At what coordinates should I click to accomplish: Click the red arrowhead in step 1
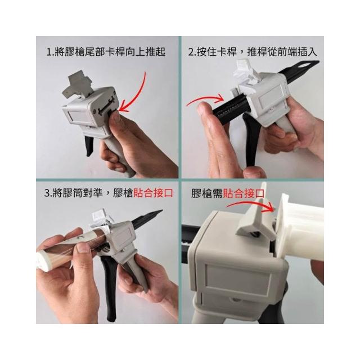(124, 107)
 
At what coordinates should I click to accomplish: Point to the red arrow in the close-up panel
(250, 205)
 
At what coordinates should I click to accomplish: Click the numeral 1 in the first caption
(48, 52)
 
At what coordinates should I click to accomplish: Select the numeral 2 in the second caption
(191, 52)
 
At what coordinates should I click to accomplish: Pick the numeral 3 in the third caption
(47, 193)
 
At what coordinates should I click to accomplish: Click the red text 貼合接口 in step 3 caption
(153, 193)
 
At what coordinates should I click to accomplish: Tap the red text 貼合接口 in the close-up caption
(244, 193)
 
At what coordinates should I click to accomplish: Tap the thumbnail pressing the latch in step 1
(116, 117)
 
